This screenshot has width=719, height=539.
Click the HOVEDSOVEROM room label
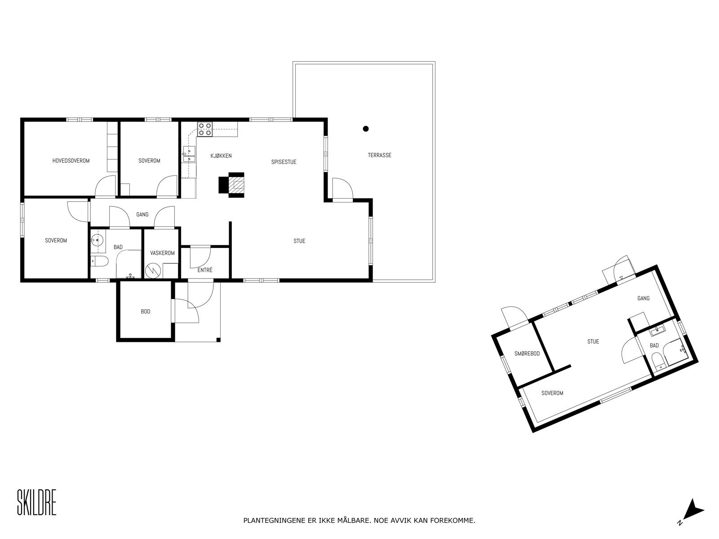click(x=71, y=161)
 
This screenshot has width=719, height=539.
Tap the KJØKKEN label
click(x=221, y=156)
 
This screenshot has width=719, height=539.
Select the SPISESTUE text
click(x=284, y=162)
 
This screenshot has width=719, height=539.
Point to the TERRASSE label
click(x=380, y=155)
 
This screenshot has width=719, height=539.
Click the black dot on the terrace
click(x=366, y=129)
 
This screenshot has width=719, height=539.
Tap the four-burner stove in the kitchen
click(x=205, y=129)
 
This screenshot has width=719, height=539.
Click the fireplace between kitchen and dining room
click(x=236, y=184)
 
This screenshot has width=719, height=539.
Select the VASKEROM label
click(x=162, y=253)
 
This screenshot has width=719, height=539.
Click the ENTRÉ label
click(x=205, y=270)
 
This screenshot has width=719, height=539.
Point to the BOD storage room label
click(x=146, y=312)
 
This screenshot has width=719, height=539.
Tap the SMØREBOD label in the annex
click(x=527, y=354)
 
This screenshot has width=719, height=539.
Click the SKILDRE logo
click(x=36, y=503)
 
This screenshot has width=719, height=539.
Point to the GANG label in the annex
click(x=644, y=299)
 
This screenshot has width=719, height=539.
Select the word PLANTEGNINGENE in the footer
click(x=274, y=521)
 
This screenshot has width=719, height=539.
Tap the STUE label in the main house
click(x=299, y=241)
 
